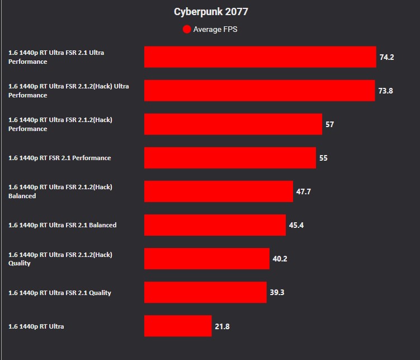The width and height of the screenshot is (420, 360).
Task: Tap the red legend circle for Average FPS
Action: tap(187, 29)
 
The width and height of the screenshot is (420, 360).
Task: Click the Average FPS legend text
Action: tap(215, 29)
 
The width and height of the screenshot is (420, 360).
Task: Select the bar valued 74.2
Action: tap(260, 57)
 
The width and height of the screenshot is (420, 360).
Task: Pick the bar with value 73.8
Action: tap(259, 91)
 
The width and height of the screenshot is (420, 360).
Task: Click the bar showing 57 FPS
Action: tap(233, 124)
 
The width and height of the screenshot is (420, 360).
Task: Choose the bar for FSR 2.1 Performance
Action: tap(230, 158)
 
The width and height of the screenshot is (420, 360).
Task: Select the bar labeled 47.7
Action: tap(219, 191)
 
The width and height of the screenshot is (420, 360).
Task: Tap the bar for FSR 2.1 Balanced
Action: tap(215, 225)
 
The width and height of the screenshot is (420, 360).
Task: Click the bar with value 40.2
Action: tap(207, 259)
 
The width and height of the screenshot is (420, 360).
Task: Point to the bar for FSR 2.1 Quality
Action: tap(205, 292)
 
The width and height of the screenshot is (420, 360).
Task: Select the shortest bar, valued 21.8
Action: tap(178, 326)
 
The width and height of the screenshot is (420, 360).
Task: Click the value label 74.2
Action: tap(386, 57)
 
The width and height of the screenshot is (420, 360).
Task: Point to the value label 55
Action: tap(323, 158)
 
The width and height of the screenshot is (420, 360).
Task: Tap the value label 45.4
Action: tap(296, 225)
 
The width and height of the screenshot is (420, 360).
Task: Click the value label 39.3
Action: tap(277, 292)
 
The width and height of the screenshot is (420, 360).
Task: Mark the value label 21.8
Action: tap(222, 326)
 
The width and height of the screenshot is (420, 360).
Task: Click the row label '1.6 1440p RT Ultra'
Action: tap(36, 326)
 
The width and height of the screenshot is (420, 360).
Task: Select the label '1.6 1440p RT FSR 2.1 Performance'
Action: tap(60, 158)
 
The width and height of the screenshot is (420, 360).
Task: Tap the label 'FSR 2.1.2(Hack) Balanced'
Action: tap(60, 191)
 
